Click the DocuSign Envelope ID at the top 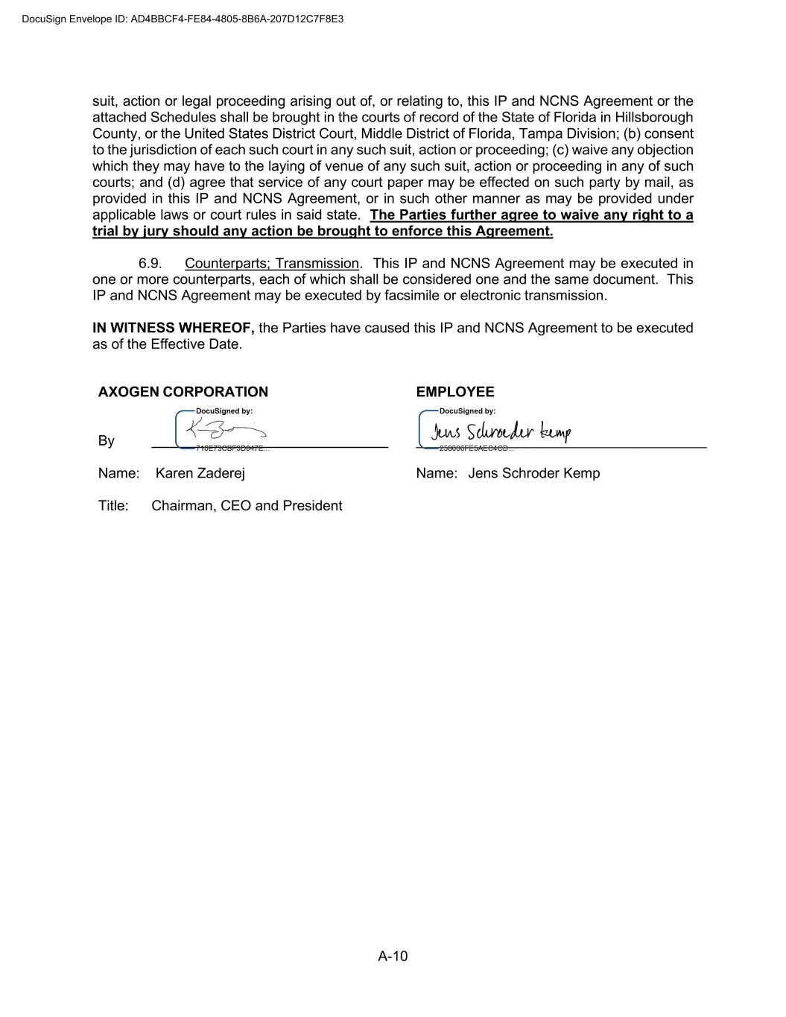click(x=183, y=19)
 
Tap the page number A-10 click(x=393, y=957)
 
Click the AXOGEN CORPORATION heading click(x=183, y=392)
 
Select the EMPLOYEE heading click(x=454, y=392)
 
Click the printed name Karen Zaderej click(x=200, y=473)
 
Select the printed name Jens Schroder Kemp click(x=533, y=473)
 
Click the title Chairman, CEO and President click(x=247, y=506)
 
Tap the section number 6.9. click(x=150, y=264)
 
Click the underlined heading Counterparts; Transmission click(x=271, y=264)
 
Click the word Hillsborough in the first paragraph click(x=653, y=118)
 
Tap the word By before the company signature click(x=106, y=441)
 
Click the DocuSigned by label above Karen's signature click(x=224, y=411)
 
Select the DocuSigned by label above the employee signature click(x=467, y=411)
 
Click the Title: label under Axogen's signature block click(x=113, y=506)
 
